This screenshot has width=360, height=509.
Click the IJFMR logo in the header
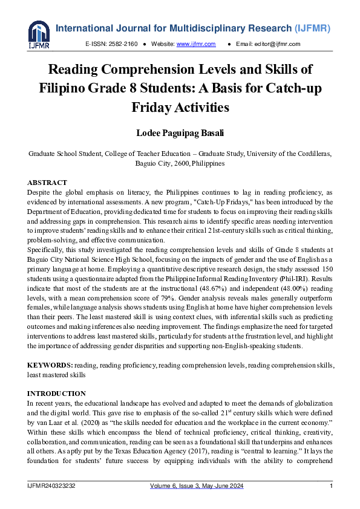click(39, 35)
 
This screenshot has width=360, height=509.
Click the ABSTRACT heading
click(47, 183)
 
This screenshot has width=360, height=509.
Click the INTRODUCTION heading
click(56, 394)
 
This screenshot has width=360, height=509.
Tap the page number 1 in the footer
click(331, 487)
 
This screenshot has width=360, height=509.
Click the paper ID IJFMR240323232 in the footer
click(51, 487)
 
